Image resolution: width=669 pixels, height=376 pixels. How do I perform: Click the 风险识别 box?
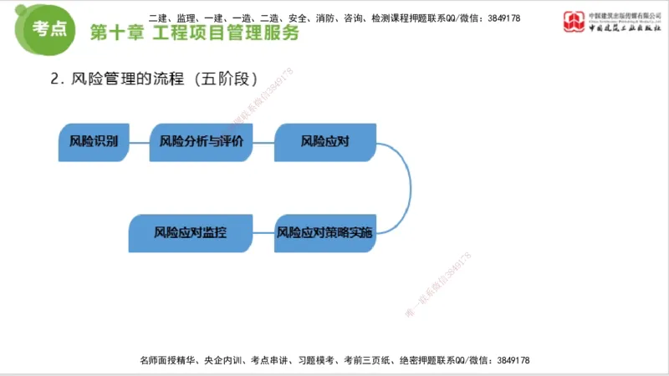click(93, 141)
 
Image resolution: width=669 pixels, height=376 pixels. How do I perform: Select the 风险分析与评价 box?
click(201, 141)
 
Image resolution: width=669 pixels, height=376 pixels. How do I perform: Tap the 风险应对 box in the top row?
click(324, 141)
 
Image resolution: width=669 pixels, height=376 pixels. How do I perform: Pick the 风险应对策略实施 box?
click(324, 232)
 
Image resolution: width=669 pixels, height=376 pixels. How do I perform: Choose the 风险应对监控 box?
click(190, 232)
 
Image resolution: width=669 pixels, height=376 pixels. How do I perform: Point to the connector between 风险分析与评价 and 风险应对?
click(263, 141)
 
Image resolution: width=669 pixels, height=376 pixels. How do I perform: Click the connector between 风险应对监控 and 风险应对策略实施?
click(263, 232)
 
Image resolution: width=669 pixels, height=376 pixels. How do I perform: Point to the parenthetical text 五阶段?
click(224, 79)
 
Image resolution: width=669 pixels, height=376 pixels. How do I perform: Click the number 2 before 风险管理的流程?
click(55, 79)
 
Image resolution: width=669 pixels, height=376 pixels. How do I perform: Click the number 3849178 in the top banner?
click(502, 17)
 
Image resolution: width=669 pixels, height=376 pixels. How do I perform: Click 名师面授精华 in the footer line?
click(168, 360)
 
